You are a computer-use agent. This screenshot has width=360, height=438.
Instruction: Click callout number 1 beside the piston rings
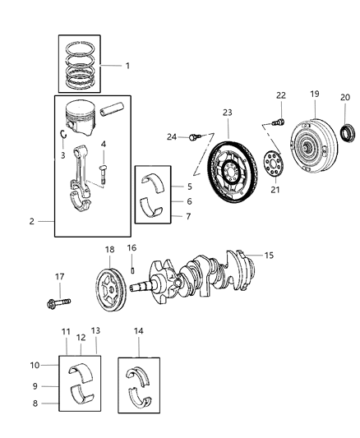pyautogui.click(x=127, y=65)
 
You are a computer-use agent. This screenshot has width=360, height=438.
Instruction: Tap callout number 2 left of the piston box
pyautogui.click(x=31, y=221)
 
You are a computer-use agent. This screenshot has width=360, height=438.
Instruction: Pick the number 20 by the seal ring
pyautogui.click(x=345, y=96)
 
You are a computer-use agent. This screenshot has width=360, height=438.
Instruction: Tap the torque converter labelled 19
pyautogui.click(x=315, y=149)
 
